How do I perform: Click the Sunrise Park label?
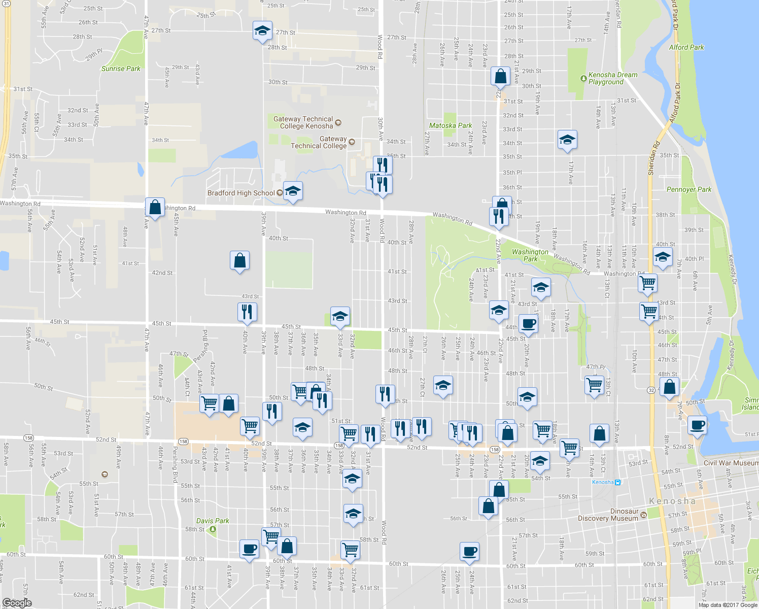tap(121, 69)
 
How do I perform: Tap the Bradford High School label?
tap(241, 193)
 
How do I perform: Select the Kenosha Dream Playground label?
tap(612, 78)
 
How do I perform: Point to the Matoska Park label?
tap(451, 125)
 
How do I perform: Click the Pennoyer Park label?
tap(688, 189)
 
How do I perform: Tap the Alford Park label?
tap(686, 47)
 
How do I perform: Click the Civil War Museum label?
tap(731, 463)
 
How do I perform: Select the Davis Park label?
tap(213, 521)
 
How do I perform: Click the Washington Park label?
tap(530, 255)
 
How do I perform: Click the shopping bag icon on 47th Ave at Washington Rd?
tap(155, 207)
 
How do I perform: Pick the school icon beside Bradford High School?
tap(293, 191)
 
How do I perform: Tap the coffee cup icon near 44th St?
tap(528, 323)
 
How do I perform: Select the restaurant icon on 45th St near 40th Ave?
tap(247, 311)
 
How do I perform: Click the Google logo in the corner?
tap(17, 603)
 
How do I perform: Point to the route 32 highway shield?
tap(651, 390)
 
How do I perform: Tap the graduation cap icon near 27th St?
tap(262, 30)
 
